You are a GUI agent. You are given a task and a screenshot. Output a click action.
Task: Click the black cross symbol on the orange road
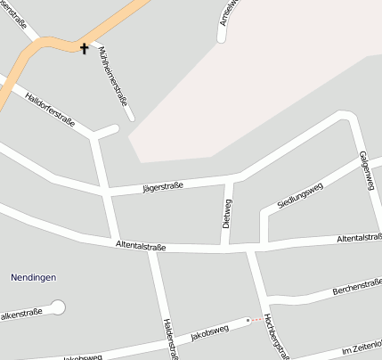pos(85,47)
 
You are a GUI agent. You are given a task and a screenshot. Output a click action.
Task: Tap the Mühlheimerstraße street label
pos(117,79)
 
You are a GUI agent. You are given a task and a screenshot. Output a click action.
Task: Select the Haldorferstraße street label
pos(51,109)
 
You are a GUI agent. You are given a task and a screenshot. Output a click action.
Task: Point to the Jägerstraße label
pos(163,186)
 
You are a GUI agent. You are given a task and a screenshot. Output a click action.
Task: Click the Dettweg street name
pos(227,213)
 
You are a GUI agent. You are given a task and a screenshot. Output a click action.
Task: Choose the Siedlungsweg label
pos(300,193)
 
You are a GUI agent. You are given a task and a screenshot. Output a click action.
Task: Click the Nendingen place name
pos(33,277)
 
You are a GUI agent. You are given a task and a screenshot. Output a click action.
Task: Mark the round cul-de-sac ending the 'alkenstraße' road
pos(59,307)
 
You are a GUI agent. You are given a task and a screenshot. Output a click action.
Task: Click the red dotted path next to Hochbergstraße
pos(257,318)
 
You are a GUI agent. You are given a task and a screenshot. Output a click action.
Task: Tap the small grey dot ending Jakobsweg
pos(248,320)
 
